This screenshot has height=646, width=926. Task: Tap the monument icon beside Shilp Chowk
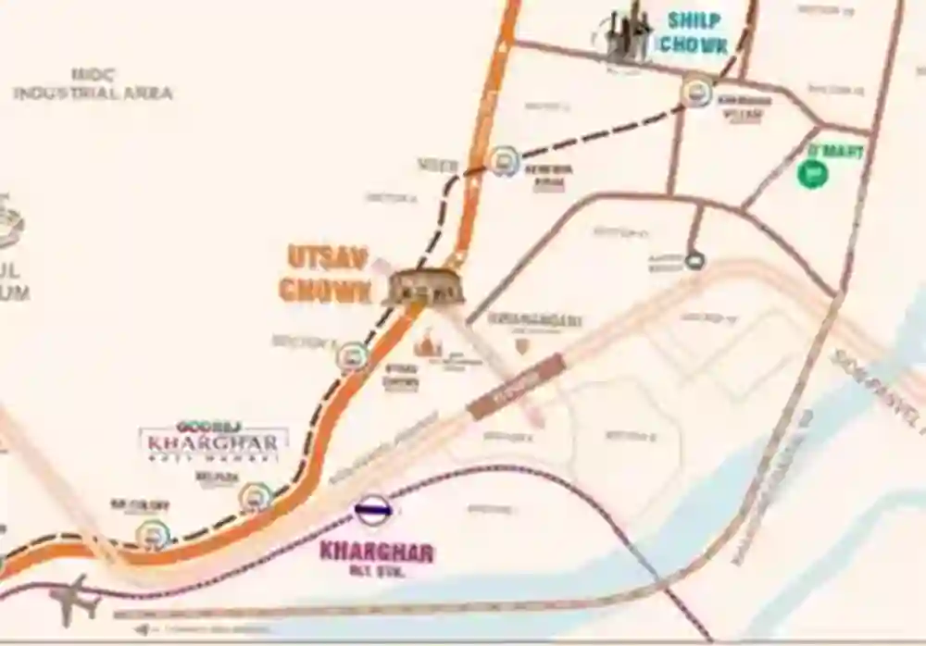626,35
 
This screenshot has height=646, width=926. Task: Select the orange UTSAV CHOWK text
326,274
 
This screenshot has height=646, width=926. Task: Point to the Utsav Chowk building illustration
425,287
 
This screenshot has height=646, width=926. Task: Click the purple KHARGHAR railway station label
376,552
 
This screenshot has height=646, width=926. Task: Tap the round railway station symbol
373,509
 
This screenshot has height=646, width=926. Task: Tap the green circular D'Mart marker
812,173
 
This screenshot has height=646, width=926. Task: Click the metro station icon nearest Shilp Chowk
696,92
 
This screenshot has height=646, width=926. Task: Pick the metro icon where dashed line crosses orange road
503,161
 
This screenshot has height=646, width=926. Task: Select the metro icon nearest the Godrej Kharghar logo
256,497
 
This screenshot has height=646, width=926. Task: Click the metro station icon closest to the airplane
153,534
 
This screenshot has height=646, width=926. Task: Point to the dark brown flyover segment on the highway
516,385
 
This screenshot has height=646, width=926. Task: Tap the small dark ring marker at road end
695,261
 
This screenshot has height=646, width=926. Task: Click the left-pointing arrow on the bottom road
141,628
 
